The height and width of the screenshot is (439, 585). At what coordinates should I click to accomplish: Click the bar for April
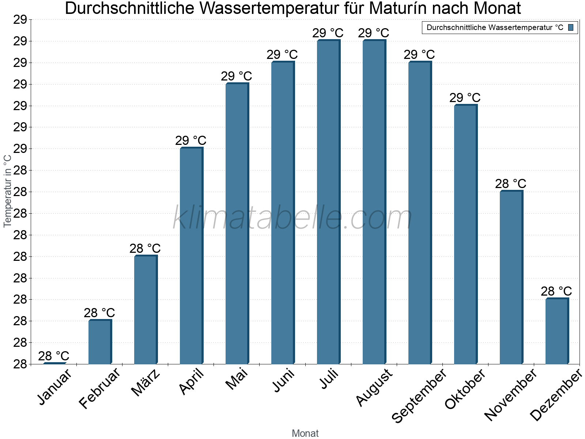(191, 256)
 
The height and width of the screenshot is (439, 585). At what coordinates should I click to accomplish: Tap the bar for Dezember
(557, 331)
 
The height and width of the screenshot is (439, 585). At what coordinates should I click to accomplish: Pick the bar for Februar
(100, 342)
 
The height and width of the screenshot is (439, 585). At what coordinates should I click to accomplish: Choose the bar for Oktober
(465, 234)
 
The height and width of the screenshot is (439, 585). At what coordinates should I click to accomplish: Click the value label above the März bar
(145, 249)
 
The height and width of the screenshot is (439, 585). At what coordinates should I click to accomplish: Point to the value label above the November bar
(511, 184)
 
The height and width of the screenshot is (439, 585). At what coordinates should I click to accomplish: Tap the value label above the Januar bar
(54, 356)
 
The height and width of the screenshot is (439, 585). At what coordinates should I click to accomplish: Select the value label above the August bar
(374, 33)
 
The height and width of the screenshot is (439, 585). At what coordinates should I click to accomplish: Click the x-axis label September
(419, 395)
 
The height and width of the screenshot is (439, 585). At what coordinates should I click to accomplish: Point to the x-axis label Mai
(237, 379)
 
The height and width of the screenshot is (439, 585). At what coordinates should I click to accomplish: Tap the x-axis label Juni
(283, 380)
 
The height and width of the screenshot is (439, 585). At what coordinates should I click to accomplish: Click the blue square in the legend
(571, 27)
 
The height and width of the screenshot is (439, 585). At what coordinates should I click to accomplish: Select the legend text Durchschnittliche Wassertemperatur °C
(495, 27)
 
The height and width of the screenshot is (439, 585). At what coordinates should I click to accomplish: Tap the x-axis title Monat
(305, 434)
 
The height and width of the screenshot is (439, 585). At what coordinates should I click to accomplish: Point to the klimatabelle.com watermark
(292, 218)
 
